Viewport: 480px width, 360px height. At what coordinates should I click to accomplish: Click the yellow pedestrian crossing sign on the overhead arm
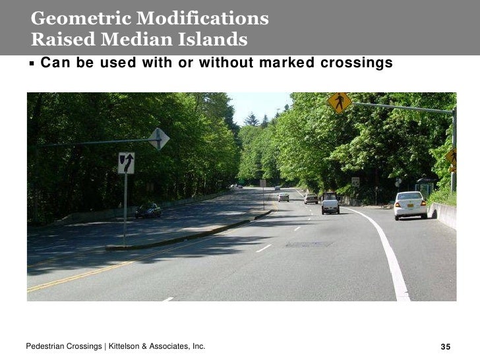pyautogui.click(x=340, y=103)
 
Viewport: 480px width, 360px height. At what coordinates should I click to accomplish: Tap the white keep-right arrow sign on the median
pyautogui.click(x=126, y=163)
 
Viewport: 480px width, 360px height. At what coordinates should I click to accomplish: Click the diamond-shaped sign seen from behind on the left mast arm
pyautogui.click(x=158, y=138)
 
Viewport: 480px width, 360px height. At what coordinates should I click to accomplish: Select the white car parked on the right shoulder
pyautogui.click(x=410, y=204)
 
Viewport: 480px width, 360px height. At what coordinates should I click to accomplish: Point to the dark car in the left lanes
pyautogui.click(x=148, y=210)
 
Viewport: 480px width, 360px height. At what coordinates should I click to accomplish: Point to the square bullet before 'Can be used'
pyautogui.click(x=31, y=64)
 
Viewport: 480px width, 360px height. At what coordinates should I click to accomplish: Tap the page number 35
pyautogui.click(x=445, y=347)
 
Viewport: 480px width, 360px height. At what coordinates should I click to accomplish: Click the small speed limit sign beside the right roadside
pyautogui.click(x=355, y=182)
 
